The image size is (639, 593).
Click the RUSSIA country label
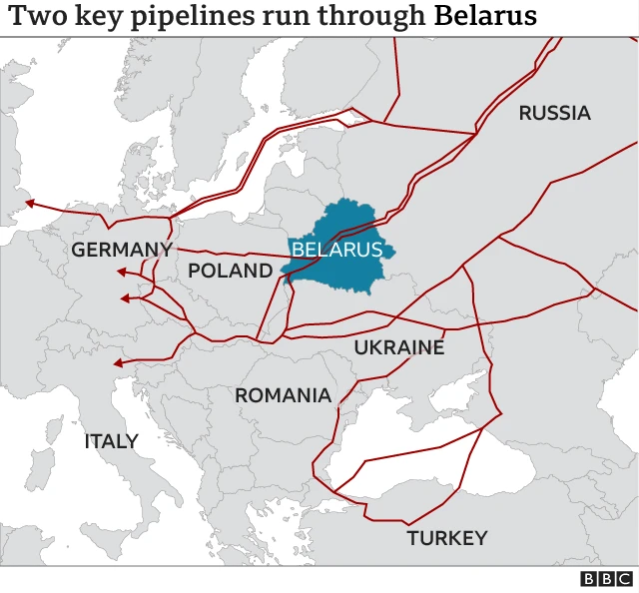[554, 113]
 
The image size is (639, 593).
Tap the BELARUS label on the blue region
[336, 250]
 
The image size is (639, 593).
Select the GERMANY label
[122, 250]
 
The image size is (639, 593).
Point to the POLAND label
[230, 270]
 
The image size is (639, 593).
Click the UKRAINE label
[399, 347]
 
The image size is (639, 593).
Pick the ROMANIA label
[283, 395]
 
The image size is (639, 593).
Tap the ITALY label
[111, 441]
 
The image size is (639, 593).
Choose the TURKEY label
[446, 538]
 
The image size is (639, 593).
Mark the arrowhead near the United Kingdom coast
[30, 204]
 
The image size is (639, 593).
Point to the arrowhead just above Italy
[118, 363]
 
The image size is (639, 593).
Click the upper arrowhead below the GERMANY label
[121, 272]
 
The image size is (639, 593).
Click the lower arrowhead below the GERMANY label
[125, 297]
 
